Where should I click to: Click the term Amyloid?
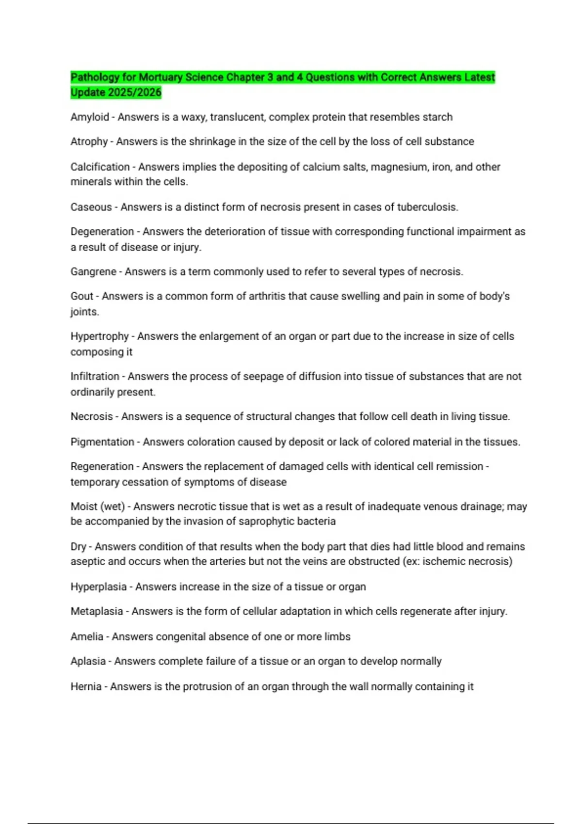click(x=90, y=117)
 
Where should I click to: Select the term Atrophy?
click(x=89, y=142)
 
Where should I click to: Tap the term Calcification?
click(x=100, y=167)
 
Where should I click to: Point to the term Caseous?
click(x=91, y=207)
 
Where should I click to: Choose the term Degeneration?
click(x=102, y=232)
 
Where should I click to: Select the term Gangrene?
click(x=93, y=271)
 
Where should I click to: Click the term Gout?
click(x=81, y=296)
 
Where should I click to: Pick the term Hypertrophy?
click(x=99, y=336)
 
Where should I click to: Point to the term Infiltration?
click(x=95, y=377)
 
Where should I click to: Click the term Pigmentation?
click(x=102, y=442)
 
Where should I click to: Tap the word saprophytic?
click(x=263, y=522)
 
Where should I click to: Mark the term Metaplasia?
click(x=97, y=611)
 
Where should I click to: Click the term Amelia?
click(x=87, y=636)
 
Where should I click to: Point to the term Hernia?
click(x=86, y=686)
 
